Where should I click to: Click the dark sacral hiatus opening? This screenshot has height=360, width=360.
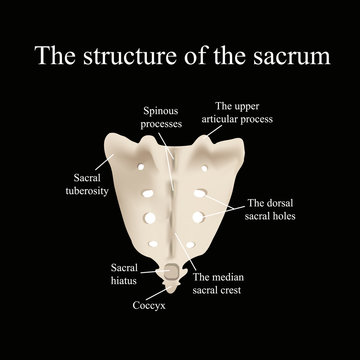click(175, 269)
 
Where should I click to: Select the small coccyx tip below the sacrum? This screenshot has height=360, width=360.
click(175, 286)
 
